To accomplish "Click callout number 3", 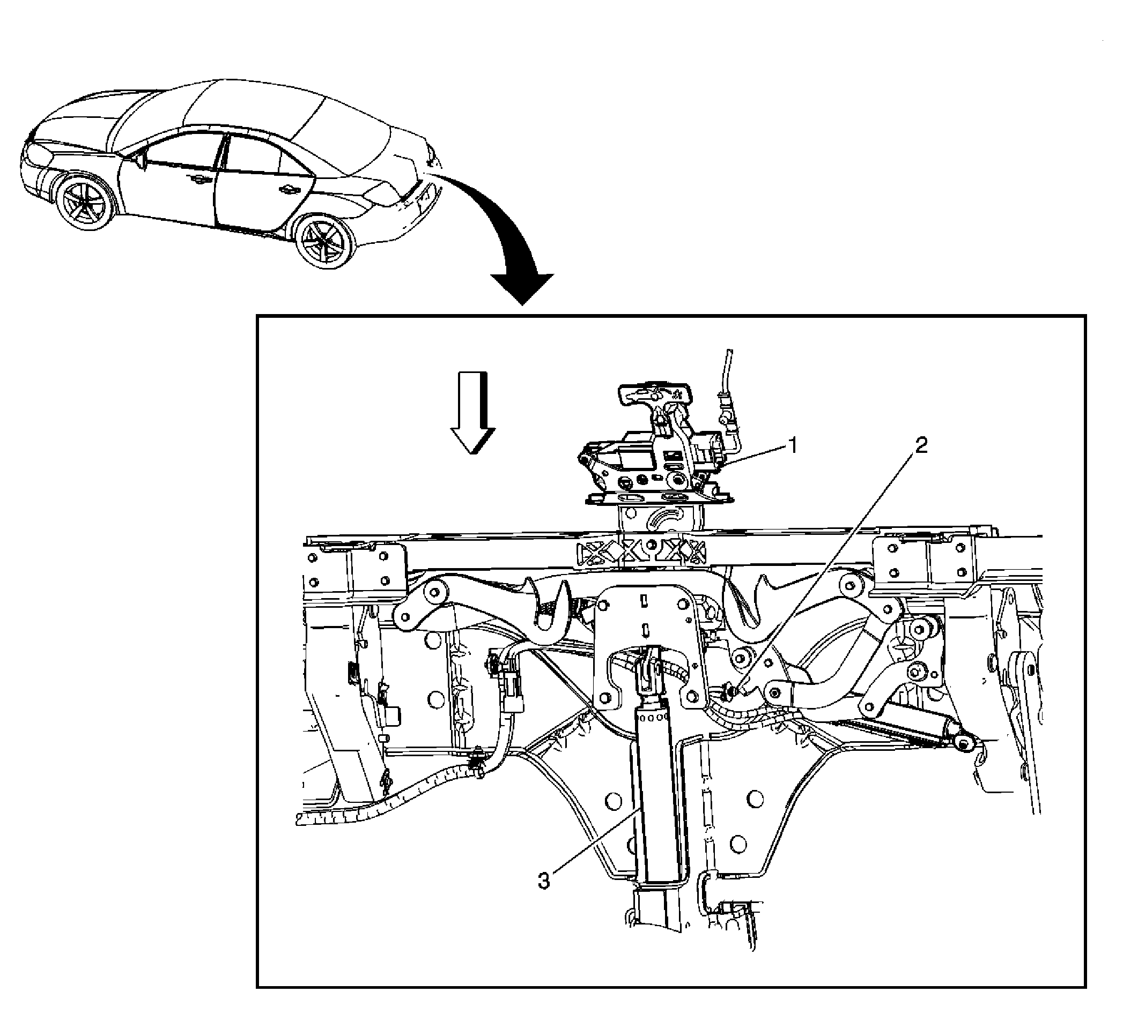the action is (544, 881).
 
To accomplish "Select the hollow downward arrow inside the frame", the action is (473, 412).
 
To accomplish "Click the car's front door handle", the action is (197, 180).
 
